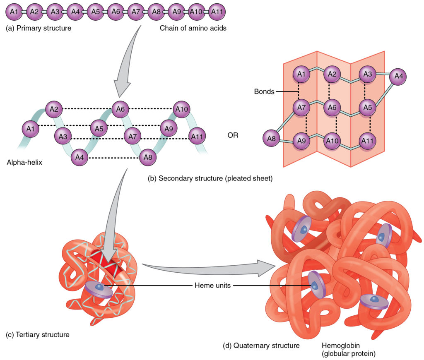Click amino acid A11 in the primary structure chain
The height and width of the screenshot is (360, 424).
(x=217, y=12)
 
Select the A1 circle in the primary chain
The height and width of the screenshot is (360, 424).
(x=14, y=12)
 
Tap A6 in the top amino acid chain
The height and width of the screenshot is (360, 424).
(x=116, y=12)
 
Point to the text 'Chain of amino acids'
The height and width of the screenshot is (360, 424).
(x=193, y=29)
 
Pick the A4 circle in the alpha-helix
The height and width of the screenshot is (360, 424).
(x=80, y=158)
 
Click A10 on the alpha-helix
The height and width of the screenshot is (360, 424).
(x=182, y=109)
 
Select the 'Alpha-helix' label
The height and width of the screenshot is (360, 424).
(x=24, y=163)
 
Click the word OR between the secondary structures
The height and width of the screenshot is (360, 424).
(x=233, y=135)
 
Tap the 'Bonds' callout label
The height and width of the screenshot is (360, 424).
(x=264, y=91)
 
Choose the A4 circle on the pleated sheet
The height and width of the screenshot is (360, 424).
(x=398, y=77)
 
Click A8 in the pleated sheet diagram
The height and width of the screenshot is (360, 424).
(x=272, y=139)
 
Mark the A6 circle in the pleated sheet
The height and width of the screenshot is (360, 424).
(x=332, y=107)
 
